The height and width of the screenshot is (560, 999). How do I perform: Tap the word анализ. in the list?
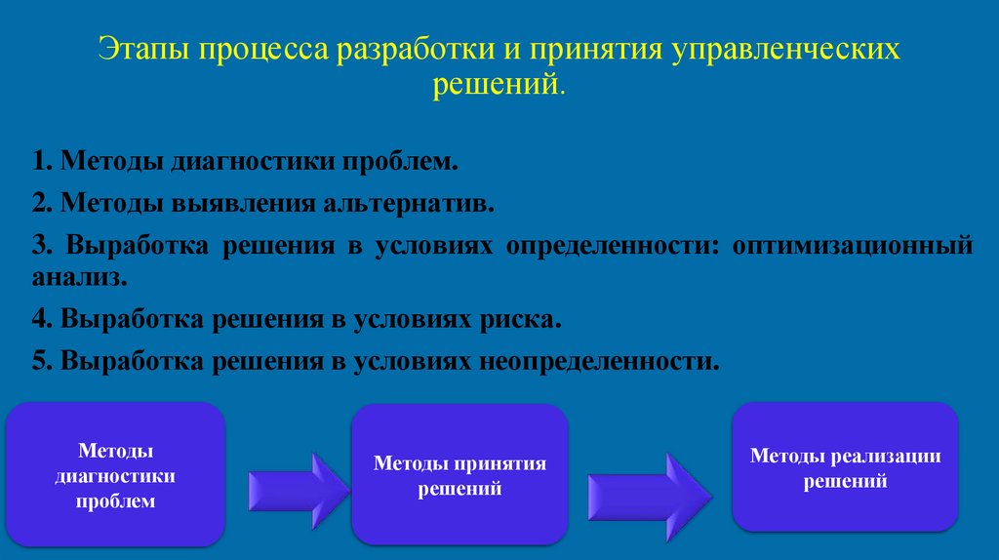(79, 277)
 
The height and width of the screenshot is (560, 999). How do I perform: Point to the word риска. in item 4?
(521, 319)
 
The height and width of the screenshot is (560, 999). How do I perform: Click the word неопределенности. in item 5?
(598, 360)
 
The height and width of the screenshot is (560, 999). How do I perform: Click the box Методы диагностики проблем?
(116, 474)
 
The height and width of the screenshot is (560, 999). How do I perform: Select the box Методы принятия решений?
(460, 474)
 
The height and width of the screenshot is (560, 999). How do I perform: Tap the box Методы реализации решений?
(845, 467)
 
